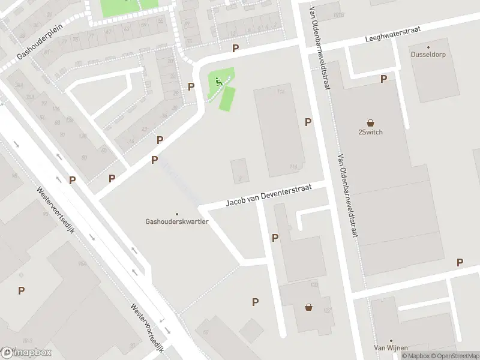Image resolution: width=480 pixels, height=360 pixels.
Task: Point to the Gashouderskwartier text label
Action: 176,221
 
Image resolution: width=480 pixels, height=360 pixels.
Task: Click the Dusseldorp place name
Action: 428,54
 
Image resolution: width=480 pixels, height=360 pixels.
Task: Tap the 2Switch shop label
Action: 370,132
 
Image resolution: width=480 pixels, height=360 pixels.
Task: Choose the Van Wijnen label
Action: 391,348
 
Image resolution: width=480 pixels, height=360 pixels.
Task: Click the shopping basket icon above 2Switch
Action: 370,122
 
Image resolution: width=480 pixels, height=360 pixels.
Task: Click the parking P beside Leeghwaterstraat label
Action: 235,48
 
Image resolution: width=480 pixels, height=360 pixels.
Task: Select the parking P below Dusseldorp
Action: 383,79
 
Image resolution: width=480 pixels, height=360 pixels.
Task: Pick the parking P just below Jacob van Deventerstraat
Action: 275,238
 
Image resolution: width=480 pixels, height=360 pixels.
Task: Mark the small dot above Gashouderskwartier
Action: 176,214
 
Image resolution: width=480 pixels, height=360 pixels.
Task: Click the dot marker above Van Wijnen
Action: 391,340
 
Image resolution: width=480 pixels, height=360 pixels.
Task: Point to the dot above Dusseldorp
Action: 428,47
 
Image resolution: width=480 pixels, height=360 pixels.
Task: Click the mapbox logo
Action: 27,352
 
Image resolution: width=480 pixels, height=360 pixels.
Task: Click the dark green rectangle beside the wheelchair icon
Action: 227,98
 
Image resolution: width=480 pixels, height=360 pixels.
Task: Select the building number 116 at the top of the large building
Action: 280,92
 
